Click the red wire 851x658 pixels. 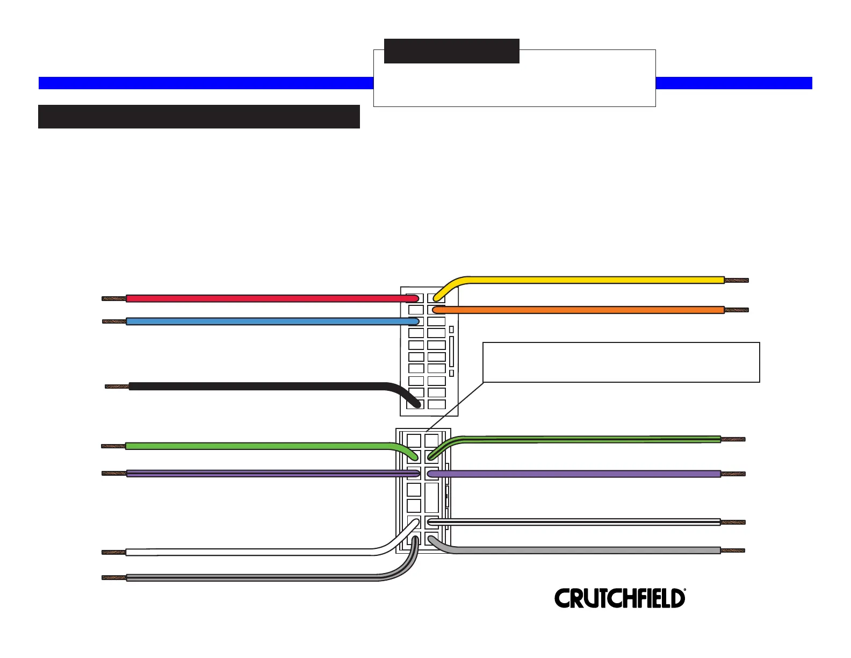coord(269,298)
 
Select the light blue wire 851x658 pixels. coord(269,321)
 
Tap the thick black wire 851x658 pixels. coord(258,386)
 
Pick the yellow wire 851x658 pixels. coord(591,280)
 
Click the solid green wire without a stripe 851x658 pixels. coord(258,446)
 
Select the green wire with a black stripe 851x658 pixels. coord(591,439)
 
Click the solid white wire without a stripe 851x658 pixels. coord(247,552)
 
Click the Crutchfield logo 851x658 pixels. coord(619,598)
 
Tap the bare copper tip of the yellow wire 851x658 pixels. coord(736,280)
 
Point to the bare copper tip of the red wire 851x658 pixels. coord(114,298)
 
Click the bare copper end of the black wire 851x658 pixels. coord(117,386)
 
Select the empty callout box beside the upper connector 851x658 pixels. coord(621,362)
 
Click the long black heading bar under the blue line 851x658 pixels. coord(199,117)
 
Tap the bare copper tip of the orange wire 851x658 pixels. coord(736,310)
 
